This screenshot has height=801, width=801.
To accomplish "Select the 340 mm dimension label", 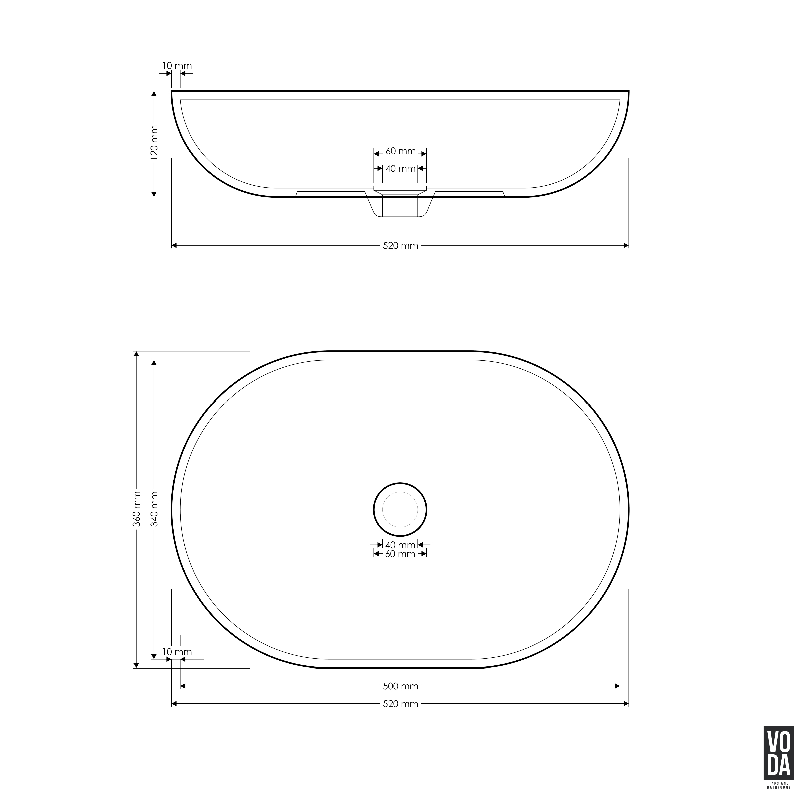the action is tap(154, 509).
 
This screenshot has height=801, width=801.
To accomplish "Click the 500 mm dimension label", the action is tap(400, 686).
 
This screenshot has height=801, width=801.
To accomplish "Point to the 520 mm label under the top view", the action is tap(400, 704).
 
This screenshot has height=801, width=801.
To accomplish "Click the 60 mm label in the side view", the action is tap(400, 151).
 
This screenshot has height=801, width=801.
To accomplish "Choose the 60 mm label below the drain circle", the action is tap(400, 554).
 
